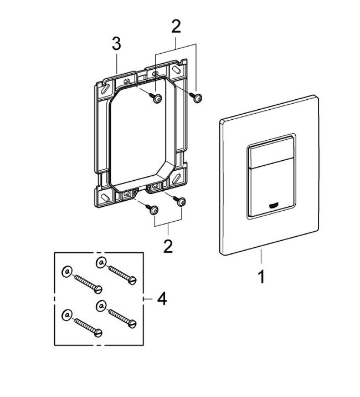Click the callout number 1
[x=261, y=277]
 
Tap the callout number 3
[x=117, y=44]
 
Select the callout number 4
[x=162, y=299]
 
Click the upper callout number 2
[x=176, y=27]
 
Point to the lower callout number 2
[x=168, y=246]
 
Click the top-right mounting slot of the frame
[x=177, y=69]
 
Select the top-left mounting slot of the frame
[x=105, y=88]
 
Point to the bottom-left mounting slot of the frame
[x=105, y=197]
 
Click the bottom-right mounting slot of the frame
[x=177, y=179]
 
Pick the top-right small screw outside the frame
[x=196, y=97]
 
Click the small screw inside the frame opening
[x=156, y=98]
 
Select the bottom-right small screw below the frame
[x=179, y=201]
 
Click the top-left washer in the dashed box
[x=67, y=272]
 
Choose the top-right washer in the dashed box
[x=101, y=263]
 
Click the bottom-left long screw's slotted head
[x=98, y=333]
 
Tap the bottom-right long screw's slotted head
[x=132, y=324]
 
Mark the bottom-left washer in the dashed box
[x=67, y=315]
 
